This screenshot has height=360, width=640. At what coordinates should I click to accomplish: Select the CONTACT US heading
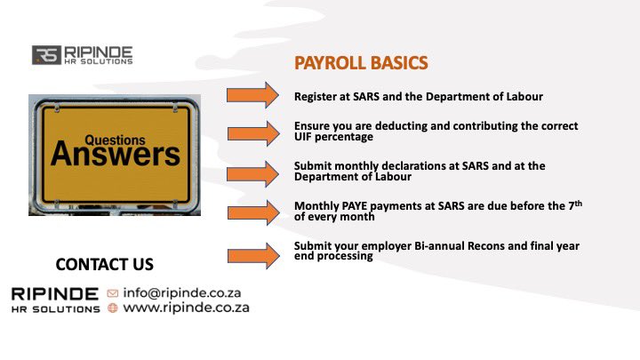tap(104, 264)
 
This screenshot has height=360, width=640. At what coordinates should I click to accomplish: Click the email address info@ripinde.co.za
tap(181, 292)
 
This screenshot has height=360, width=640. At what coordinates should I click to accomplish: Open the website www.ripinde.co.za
tap(186, 308)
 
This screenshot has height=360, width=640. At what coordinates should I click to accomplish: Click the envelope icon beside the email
tap(112, 292)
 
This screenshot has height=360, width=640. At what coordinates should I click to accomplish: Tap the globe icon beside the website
tap(112, 308)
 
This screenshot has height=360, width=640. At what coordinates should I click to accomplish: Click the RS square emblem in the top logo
tap(44, 55)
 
